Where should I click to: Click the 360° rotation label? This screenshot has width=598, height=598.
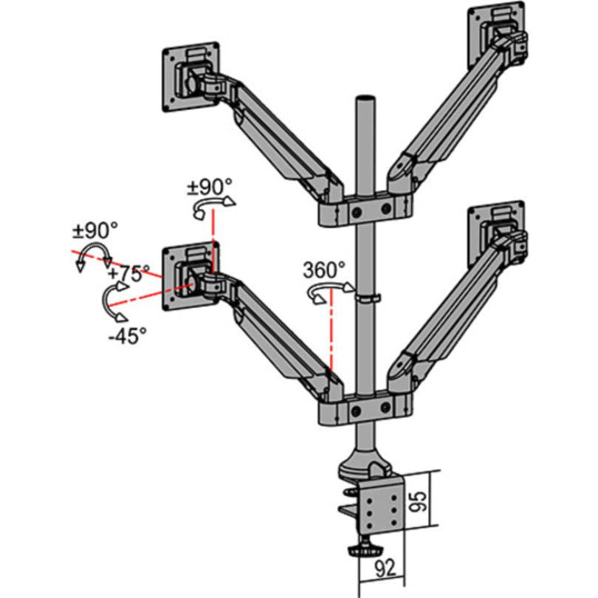[323, 269]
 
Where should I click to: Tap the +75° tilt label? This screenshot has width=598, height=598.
[128, 273]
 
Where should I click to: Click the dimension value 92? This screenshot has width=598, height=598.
[382, 569]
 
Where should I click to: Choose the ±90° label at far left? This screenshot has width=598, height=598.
[94, 230]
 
